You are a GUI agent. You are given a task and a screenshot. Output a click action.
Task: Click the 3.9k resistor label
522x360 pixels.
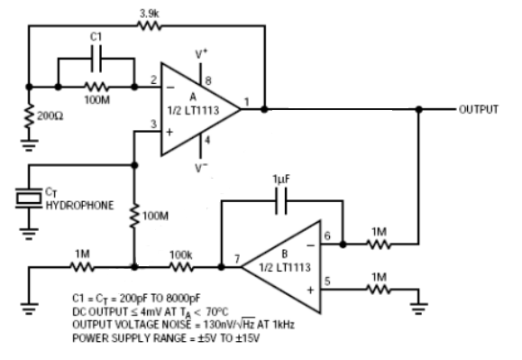tap(149, 14)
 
